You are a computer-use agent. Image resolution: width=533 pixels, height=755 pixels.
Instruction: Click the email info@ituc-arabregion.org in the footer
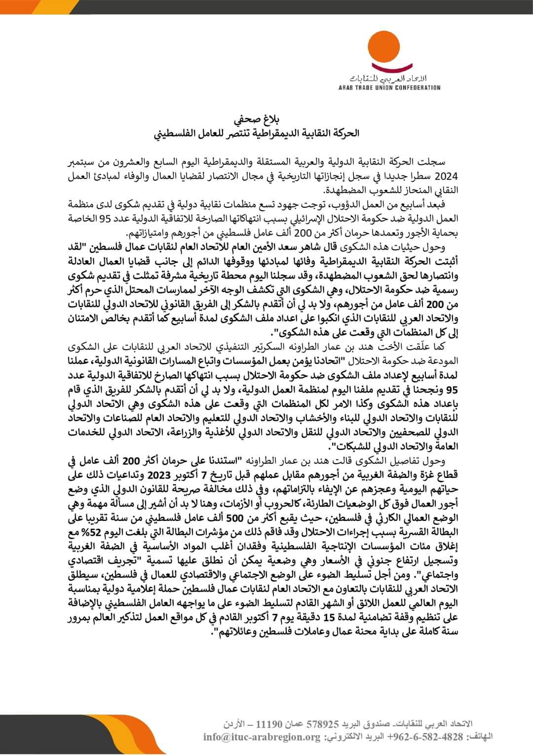(x=262, y=737)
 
